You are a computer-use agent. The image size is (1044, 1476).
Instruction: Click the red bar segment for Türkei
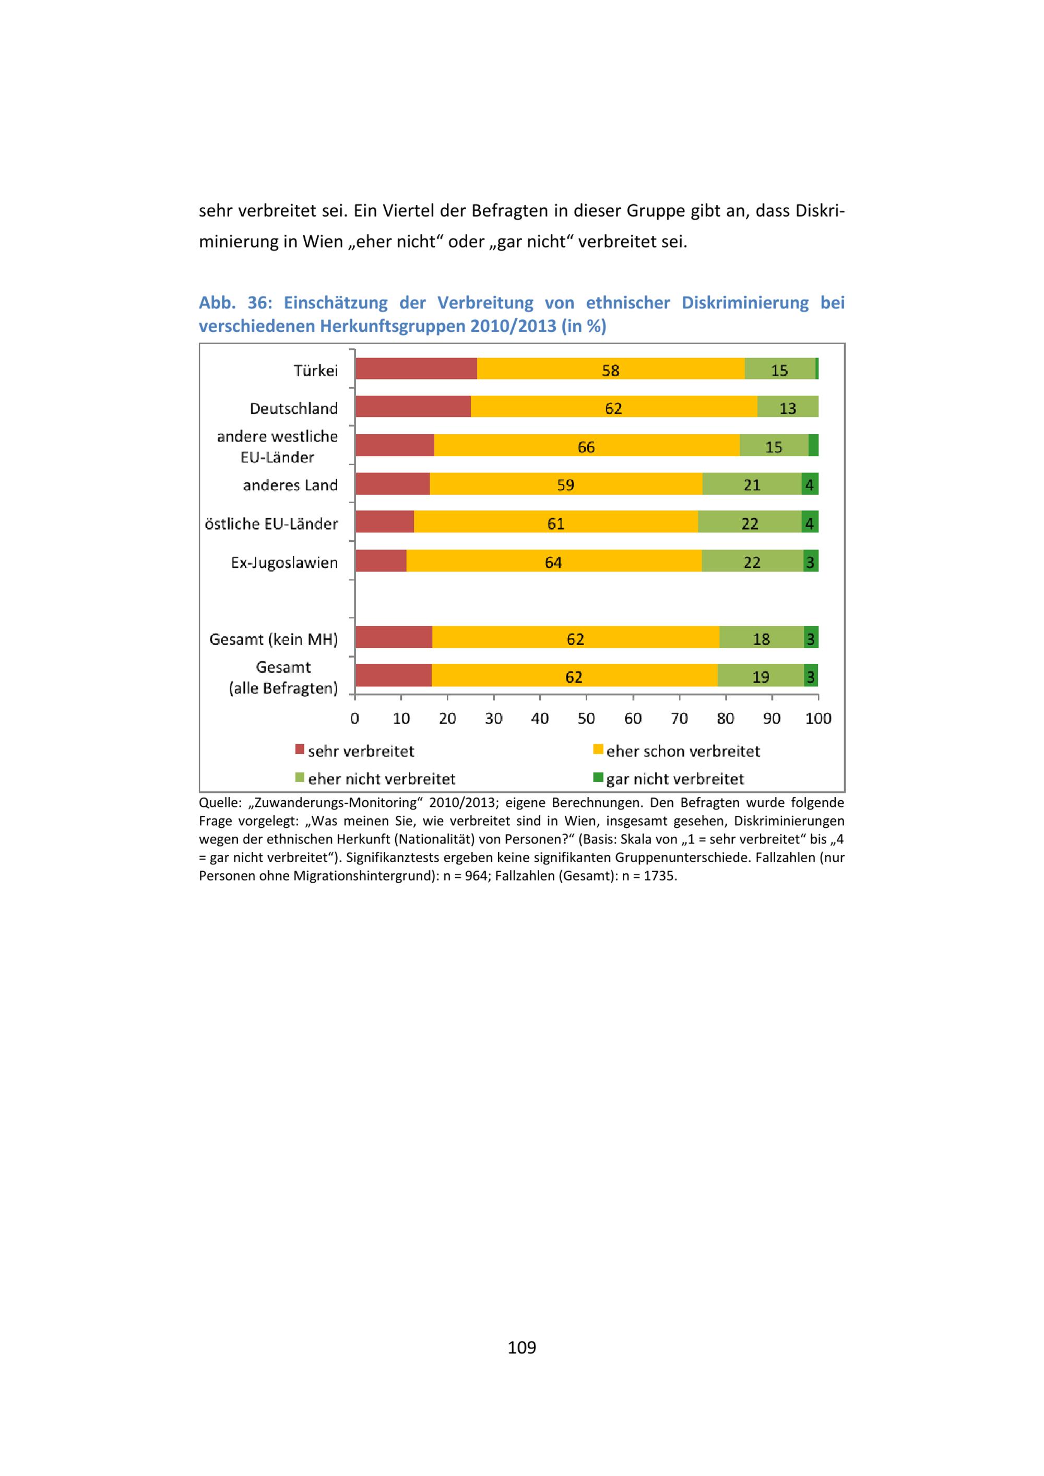coord(416,369)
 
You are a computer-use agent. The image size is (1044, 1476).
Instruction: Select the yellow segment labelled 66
coord(586,446)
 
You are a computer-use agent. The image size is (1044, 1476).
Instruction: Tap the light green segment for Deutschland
coord(788,408)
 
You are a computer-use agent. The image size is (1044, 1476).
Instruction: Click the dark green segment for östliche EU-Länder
coord(809,522)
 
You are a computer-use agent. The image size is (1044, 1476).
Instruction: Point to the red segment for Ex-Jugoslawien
coord(381,561)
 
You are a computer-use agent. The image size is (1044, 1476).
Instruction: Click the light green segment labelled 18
coord(761,638)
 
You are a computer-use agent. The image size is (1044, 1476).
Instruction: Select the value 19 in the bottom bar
coord(761,676)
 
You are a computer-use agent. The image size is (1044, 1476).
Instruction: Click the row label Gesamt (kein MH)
coord(273,639)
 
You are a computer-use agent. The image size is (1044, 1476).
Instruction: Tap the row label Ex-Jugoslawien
coord(284,563)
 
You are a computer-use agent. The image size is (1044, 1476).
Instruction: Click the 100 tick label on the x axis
coord(818,718)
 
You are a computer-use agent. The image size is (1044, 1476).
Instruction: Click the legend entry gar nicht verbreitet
coord(674,779)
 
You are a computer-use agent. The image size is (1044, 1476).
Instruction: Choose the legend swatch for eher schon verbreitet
coord(598,749)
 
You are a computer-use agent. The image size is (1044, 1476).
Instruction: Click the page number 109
coord(521,1347)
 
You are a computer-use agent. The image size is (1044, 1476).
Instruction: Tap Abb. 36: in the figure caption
coord(235,302)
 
